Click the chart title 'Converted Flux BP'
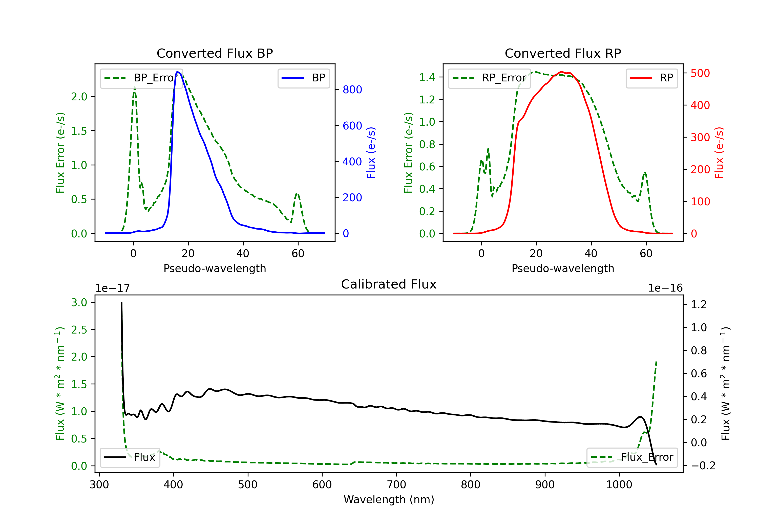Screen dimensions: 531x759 (215, 53)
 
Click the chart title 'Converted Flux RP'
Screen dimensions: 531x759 (563, 53)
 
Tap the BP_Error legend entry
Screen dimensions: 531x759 (141, 78)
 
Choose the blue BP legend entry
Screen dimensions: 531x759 (303, 78)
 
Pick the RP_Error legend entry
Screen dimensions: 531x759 (489, 78)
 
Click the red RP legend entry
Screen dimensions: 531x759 (651, 78)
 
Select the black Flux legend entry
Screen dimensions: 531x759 (130, 457)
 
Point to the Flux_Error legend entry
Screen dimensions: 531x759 (632, 457)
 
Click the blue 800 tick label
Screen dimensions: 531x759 (352, 90)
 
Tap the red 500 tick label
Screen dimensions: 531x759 (700, 73)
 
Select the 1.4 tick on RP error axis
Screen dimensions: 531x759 (427, 77)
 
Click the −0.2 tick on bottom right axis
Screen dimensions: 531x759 (703, 466)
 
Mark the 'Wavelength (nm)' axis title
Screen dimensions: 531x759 (389, 499)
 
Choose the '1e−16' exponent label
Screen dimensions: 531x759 (665, 288)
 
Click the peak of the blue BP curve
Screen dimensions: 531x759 (178, 72)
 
